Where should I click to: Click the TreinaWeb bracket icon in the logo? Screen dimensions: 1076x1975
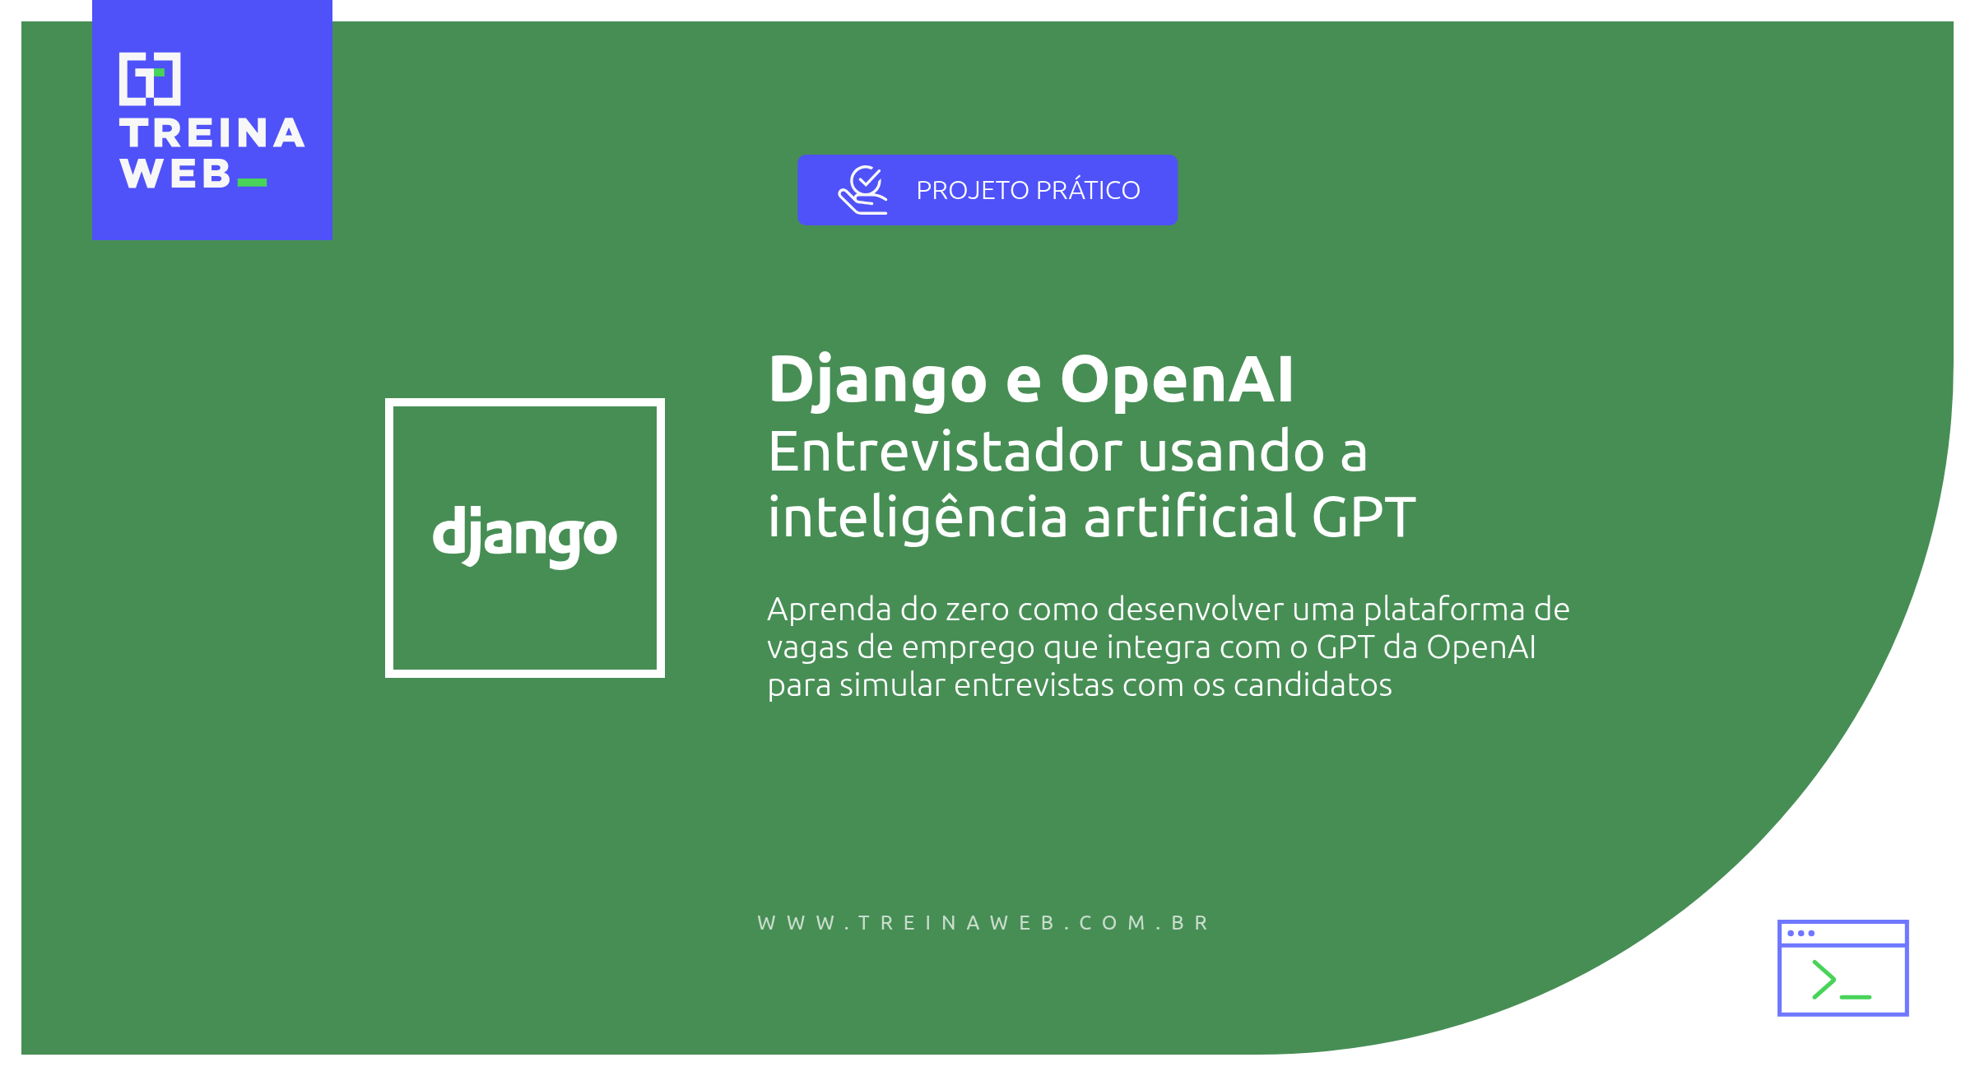(x=150, y=79)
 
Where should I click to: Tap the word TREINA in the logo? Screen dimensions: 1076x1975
(x=212, y=133)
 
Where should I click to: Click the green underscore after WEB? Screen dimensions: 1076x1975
(x=252, y=183)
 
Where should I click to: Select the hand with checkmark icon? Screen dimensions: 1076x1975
(x=862, y=190)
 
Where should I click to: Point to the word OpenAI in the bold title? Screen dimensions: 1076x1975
(x=1177, y=380)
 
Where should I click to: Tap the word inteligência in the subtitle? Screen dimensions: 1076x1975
(x=918, y=518)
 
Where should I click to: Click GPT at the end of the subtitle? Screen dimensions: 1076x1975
(x=1363, y=517)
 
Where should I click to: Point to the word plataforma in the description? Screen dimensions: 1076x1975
(x=1443, y=610)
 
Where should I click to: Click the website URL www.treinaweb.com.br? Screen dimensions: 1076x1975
(x=983, y=923)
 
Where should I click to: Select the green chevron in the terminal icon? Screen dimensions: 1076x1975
(x=1824, y=979)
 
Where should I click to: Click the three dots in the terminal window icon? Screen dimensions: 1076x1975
(x=1801, y=933)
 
